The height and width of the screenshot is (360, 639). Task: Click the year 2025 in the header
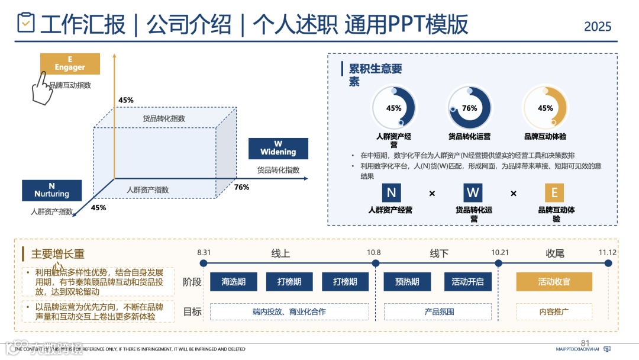(x=598, y=27)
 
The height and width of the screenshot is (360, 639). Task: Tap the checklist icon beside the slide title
(x=25, y=24)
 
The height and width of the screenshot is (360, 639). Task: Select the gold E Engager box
(x=70, y=64)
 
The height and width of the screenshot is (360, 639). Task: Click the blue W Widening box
(x=278, y=148)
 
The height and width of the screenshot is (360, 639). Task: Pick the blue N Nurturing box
(x=51, y=190)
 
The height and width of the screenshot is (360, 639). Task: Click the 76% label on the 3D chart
(x=241, y=187)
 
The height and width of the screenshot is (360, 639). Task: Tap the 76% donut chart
(x=469, y=108)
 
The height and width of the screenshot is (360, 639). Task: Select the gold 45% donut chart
(x=545, y=108)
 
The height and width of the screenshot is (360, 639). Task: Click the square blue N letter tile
(x=391, y=192)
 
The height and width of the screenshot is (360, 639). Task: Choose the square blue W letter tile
(x=473, y=192)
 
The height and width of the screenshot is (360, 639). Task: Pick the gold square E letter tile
(x=554, y=192)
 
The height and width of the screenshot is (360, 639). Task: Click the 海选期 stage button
(x=233, y=282)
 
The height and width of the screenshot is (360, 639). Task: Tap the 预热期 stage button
(x=407, y=282)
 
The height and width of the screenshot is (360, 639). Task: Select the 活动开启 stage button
(x=467, y=282)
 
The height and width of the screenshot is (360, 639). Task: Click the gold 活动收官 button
(x=554, y=282)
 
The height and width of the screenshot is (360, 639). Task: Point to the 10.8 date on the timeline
(x=373, y=252)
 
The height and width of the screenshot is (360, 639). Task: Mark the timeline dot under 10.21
(x=500, y=263)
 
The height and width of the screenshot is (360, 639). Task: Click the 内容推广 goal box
(x=554, y=311)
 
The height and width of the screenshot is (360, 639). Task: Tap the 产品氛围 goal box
(x=439, y=311)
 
